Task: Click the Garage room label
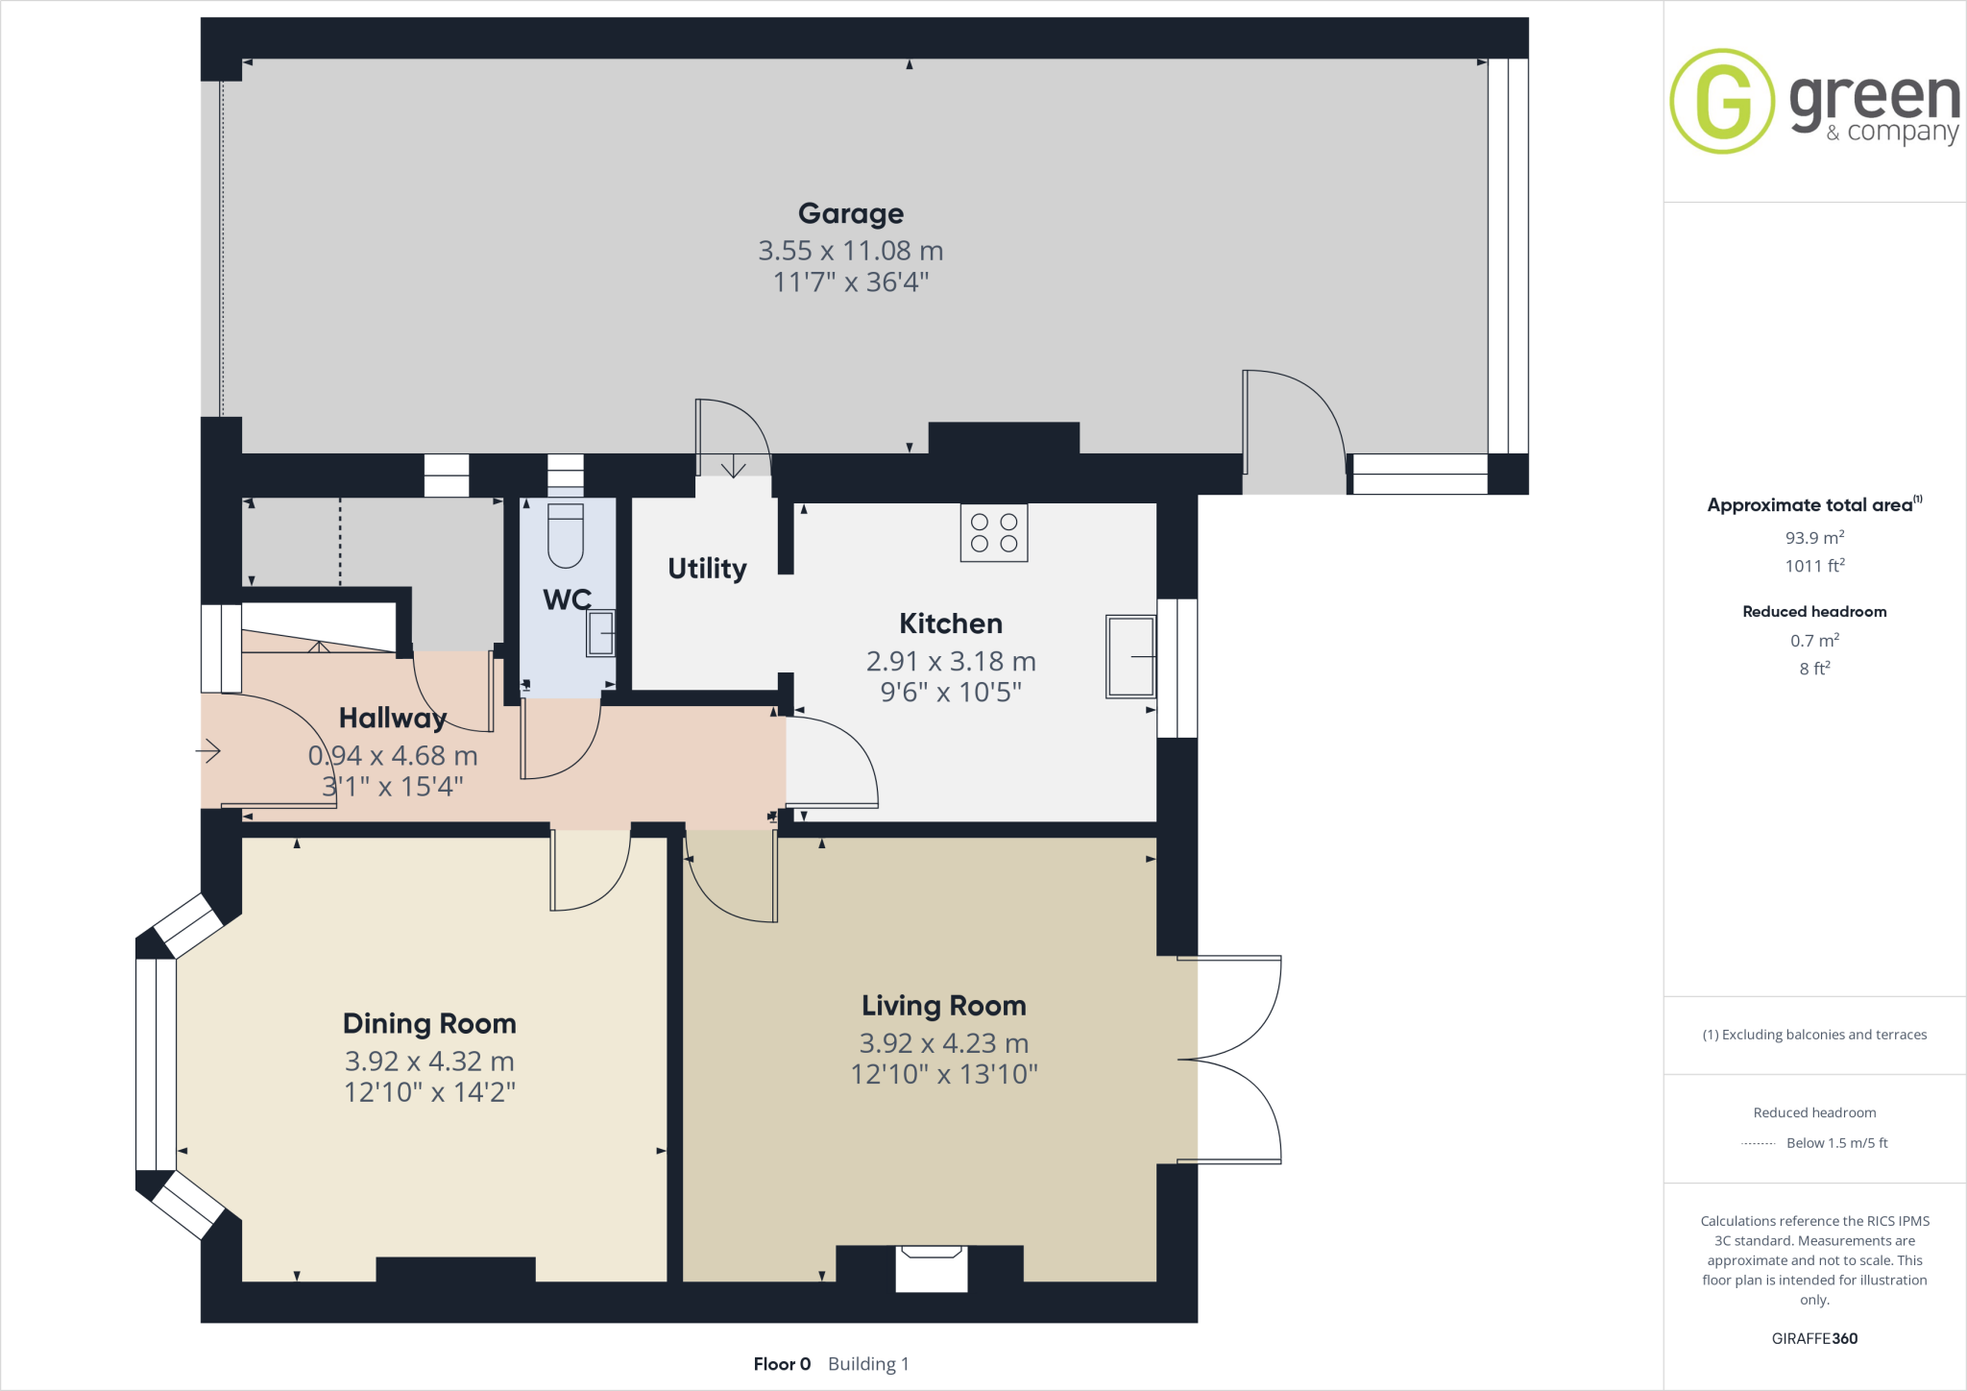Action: pyautogui.click(x=850, y=213)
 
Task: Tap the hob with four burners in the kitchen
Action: pyautogui.click(x=994, y=533)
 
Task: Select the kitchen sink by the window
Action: pyautogui.click(x=1130, y=656)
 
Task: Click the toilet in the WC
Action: pyautogui.click(x=566, y=536)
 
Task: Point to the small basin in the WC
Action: pyautogui.click(x=601, y=633)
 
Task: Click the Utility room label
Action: pyautogui.click(x=707, y=569)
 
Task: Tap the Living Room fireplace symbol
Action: pyautogui.click(x=930, y=1267)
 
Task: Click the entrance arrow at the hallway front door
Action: pyautogui.click(x=208, y=750)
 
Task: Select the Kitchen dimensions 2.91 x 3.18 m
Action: pyautogui.click(x=951, y=661)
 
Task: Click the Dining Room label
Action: pyautogui.click(x=429, y=1023)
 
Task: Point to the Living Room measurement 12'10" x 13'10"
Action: pyautogui.click(x=944, y=1074)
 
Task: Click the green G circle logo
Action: pyautogui.click(x=1722, y=101)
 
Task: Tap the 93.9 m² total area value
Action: pyautogui.click(x=1814, y=538)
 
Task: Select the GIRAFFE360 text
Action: pyautogui.click(x=1814, y=1338)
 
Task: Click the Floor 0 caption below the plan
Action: pyautogui.click(x=782, y=1364)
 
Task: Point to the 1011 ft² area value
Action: pyautogui.click(x=1814, y=566)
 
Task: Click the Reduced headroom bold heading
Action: pyautogui.click(x=1814, y=612)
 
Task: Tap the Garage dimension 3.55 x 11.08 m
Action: pyautogui.click(x=850, y=251)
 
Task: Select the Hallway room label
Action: pyautogui.click(x=393, y=718)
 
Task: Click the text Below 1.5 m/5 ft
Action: pyautogui.click(x=1836, y=1143)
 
